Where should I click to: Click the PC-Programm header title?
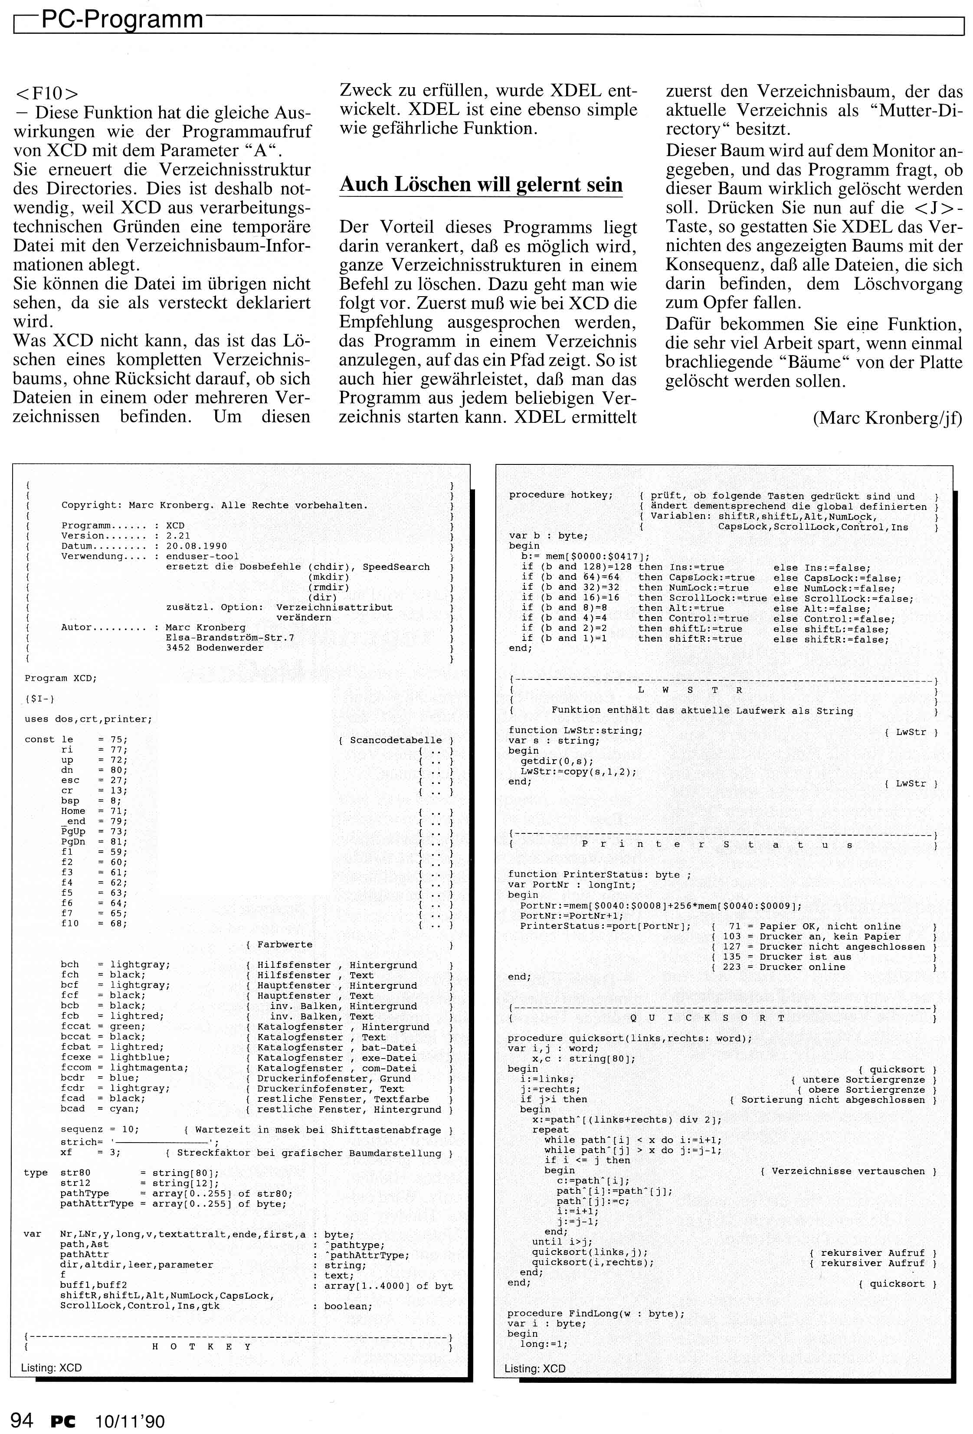coord(121,20)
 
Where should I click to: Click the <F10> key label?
coord(47,93)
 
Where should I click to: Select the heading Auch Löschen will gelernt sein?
coord(481,184)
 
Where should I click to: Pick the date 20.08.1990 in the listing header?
coord(197,546)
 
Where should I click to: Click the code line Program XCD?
coord(60,678)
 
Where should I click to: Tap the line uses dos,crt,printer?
coord(88,719)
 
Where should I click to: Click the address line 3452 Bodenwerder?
coord(214,648)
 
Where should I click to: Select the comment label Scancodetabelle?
coord(396,740)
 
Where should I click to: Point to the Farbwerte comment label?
coord(285,945)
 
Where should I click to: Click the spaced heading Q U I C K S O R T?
coord(707,1018)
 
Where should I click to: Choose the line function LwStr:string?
coord(575,731)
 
